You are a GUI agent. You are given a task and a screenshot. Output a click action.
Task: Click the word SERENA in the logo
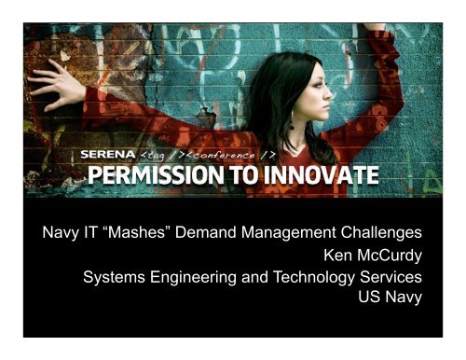pos(105,154)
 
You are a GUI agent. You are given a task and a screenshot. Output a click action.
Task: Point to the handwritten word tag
pos(156,155)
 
